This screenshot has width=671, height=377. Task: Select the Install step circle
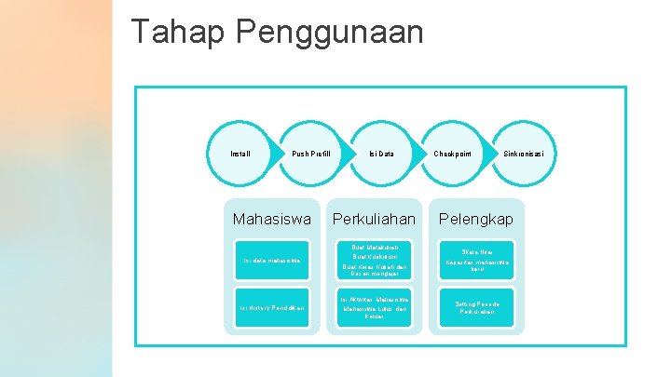coord(240,153)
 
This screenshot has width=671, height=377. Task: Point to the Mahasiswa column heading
coord(272,219)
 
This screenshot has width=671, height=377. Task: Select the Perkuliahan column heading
coord(374,219)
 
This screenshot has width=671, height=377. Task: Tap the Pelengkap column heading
coord(475,219)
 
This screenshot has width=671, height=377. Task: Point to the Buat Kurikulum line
coord(374,256)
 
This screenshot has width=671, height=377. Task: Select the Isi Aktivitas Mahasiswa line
coord(374,299)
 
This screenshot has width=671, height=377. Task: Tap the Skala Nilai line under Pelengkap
coord(475,251)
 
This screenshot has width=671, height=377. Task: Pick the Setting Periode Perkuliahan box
coord(477,307)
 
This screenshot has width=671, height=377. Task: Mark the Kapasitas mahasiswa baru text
coord(477,266)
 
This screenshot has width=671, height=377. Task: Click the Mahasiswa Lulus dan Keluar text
coord(374,312)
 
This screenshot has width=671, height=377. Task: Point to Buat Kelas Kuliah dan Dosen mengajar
coord(374,270)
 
